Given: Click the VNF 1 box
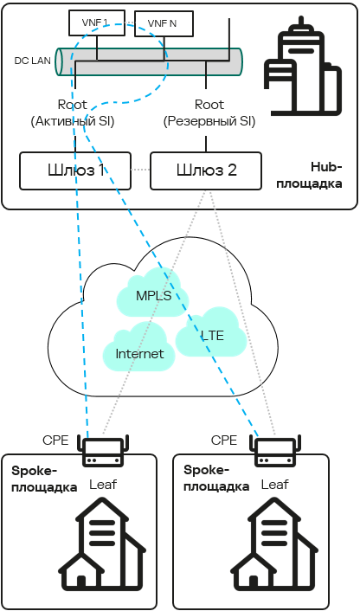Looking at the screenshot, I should click(x=89, y=22).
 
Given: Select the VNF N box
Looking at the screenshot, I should click(x=162, y=23).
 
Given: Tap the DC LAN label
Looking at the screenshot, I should click(x=33, y=61).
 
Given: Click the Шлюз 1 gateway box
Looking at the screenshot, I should click(x=74, y=170).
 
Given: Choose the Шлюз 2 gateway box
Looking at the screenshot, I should click(x=205, y=170).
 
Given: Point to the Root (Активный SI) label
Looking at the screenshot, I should click(x=73, y=113).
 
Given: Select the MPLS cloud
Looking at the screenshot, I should click(x=153, y=296).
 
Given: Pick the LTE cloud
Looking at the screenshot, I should click(x=212, y=335).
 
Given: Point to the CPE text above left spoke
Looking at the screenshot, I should click(x=55, y=440).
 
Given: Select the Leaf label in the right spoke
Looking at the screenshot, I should click(x=274, y=485).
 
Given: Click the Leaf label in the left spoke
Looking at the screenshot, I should click(x=103, y=485).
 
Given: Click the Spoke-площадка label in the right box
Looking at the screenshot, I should click(x=216, y=478).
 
